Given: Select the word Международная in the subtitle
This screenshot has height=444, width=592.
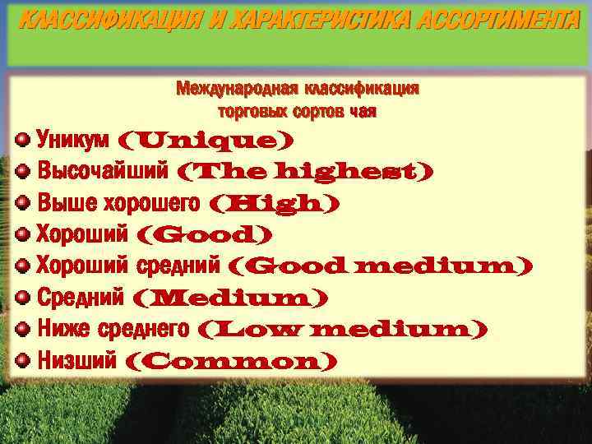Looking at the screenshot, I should pyautogui.click(x=237, y=88).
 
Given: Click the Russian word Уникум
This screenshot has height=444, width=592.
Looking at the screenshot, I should pyautogui.click(x=74, y=140).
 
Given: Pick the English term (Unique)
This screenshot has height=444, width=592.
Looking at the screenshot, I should pyautogui.click(x=206, y=141).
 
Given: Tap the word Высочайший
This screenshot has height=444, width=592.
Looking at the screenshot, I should pyautogui.click(x=104, y=172).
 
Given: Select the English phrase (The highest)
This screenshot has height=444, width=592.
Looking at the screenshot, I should pyautogui.click(x=305, y=172).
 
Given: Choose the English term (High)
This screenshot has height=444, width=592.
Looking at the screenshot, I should pyautogui.click(x=275, y=203).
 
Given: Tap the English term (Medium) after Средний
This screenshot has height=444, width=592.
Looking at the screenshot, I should pyautogui.click(x=229, y=297).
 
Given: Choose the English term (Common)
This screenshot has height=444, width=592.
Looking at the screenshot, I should pyautogui.click(x=231, y=360).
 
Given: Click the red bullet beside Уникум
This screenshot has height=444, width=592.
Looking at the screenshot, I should pyautogui.click(x=24, y=139).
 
